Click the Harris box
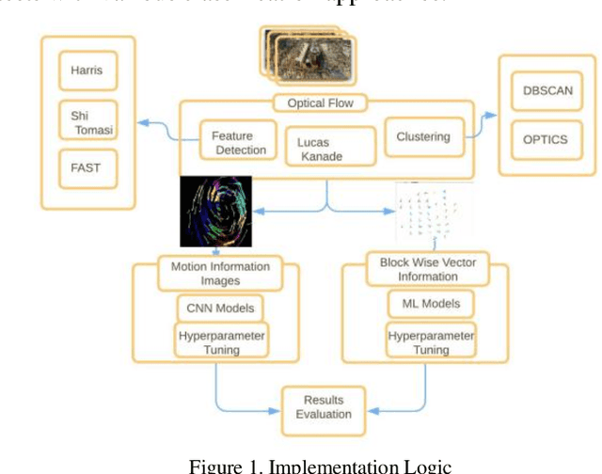point(87,70)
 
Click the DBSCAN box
point(546,92)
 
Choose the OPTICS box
point(546,139)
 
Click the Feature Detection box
point(239,143)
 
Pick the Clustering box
point(422,137)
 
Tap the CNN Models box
point(216,308)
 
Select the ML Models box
point(424,303)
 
